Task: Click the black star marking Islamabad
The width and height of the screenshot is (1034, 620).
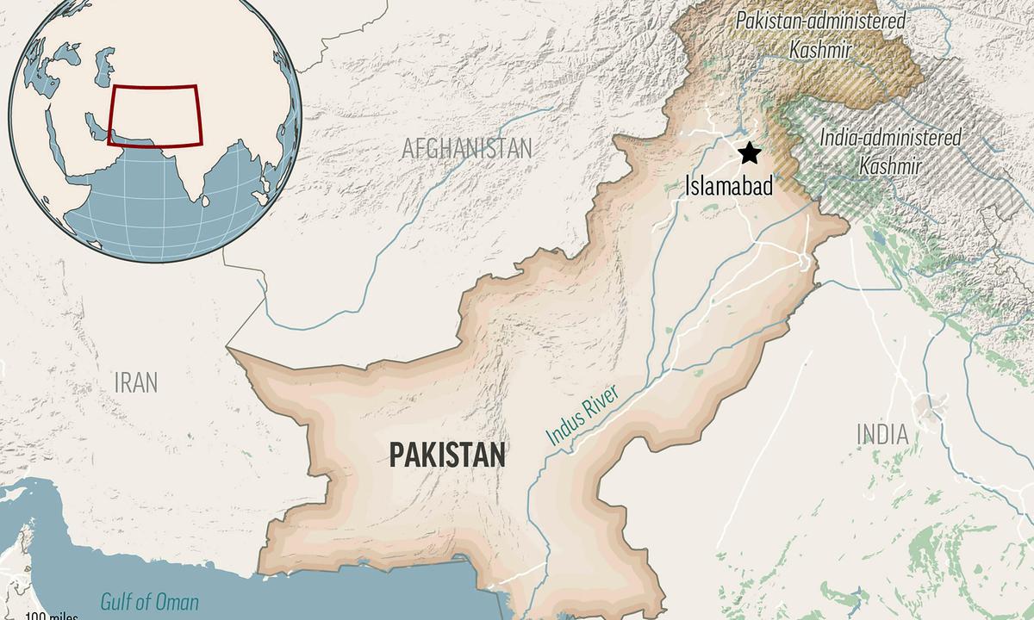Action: click(750, 153)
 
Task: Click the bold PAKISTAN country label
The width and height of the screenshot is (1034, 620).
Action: click(447, 454)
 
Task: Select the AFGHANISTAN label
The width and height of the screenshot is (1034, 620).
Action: click(467, 148)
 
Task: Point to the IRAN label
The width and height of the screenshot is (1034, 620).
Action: click(136, 382)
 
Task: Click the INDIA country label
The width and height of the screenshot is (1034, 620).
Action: click(883, 434)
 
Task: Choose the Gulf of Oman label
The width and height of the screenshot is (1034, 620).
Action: click(149, 602)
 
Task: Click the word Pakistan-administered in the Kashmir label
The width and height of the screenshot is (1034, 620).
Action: click(820, 21)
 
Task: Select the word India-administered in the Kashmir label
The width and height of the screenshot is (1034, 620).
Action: click(891, 137)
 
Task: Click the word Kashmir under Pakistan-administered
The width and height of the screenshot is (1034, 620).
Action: click(820, 50)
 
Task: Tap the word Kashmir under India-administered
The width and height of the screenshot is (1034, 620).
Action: click(891, 166)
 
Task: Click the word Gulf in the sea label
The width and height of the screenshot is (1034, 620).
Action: click(118, 602)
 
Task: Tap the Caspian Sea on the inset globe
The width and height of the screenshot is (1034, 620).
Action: click(104, 65)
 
